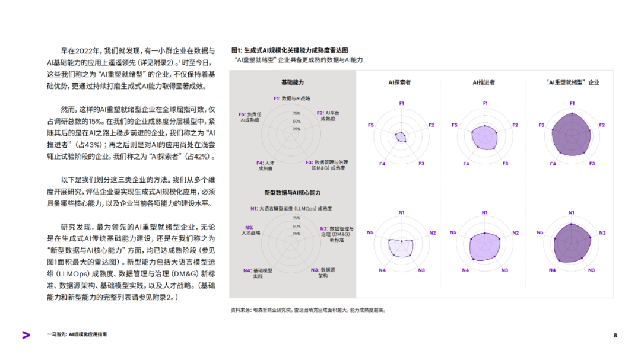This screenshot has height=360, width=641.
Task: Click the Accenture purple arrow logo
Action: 26,335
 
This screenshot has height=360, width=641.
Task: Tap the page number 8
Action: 615,336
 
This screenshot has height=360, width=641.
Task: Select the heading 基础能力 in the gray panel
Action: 293,82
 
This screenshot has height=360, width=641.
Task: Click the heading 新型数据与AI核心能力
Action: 293,193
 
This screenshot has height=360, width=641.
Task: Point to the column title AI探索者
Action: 399,82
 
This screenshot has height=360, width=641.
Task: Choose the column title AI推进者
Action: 484,82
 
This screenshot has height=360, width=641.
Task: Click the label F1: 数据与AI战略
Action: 292,98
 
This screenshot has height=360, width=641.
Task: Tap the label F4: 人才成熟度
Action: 265,165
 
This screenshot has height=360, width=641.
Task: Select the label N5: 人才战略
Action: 250,230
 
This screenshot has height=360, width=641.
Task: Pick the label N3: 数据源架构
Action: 323,273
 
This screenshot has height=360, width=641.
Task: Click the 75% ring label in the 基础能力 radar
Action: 296,114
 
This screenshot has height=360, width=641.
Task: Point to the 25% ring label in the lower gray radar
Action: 296,234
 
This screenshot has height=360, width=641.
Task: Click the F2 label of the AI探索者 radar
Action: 431,125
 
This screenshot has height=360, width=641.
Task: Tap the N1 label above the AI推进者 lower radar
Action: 484,212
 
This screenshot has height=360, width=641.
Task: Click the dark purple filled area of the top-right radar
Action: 571,134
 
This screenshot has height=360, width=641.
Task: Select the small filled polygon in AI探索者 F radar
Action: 401,137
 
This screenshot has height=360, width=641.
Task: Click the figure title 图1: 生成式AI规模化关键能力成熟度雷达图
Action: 290,50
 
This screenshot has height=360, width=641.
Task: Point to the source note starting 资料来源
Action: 308,310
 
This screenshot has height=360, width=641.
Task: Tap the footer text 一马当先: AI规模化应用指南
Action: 77,334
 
